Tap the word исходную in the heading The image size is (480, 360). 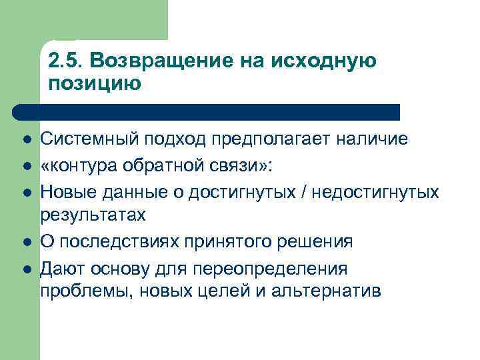click(x=325, y=61)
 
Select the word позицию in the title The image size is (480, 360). click(x=95, y=85)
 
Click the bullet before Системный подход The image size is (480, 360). click(x=25, y=141)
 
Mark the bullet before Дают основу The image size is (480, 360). click(x=25, y=268)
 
